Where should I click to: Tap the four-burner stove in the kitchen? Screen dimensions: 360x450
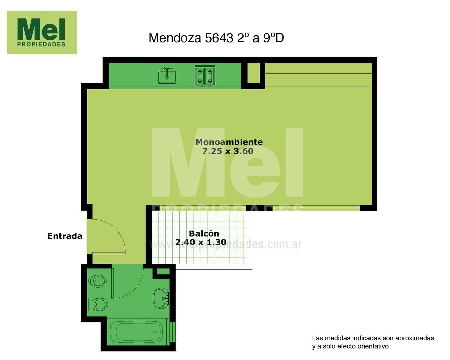click(205, 76)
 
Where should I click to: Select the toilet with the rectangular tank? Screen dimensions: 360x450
click(98, 304)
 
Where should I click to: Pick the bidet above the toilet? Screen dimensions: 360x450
click(98, 281)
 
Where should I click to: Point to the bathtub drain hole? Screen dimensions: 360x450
click(156, 332)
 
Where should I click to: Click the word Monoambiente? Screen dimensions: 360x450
click(229, 142)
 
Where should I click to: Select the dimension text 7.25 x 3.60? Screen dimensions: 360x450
click(228, 151)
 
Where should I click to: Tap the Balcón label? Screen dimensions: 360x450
click(204, 233)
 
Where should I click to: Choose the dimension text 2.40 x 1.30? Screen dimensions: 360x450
click(201, 242)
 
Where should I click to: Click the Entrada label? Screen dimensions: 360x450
click(65, 236)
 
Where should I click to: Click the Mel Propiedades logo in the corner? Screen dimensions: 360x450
click(42, 33)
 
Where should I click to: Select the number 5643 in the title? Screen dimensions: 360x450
click(219, 38)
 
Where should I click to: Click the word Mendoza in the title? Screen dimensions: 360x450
click(175, 38)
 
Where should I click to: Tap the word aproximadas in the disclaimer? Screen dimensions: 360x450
click(414, 338)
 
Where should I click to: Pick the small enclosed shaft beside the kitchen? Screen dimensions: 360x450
click(253, 73)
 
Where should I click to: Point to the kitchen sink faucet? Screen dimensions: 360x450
click(167, 69)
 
